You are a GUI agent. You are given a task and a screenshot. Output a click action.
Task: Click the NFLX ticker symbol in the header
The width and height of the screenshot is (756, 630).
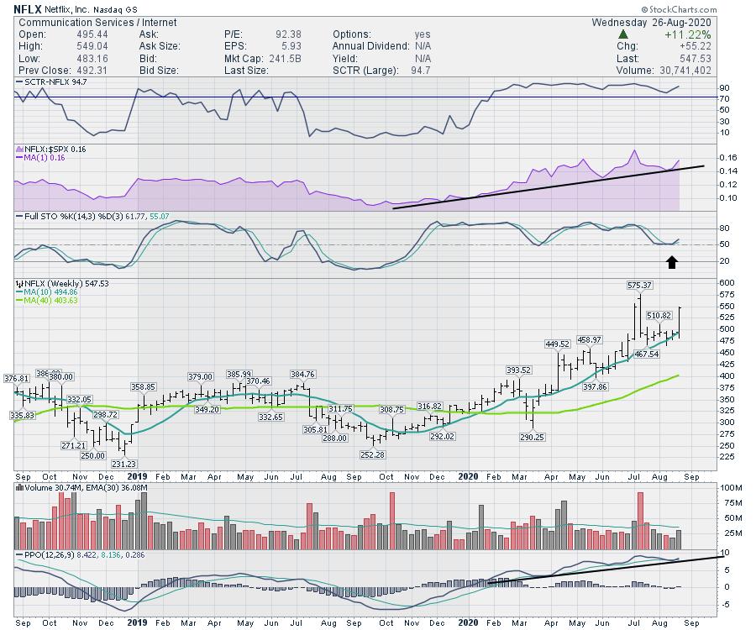coord(28,10)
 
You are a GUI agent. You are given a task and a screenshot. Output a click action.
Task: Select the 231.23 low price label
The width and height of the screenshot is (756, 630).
coord(123,464)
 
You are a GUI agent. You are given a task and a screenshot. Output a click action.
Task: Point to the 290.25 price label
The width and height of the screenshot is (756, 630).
coord(532,437)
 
